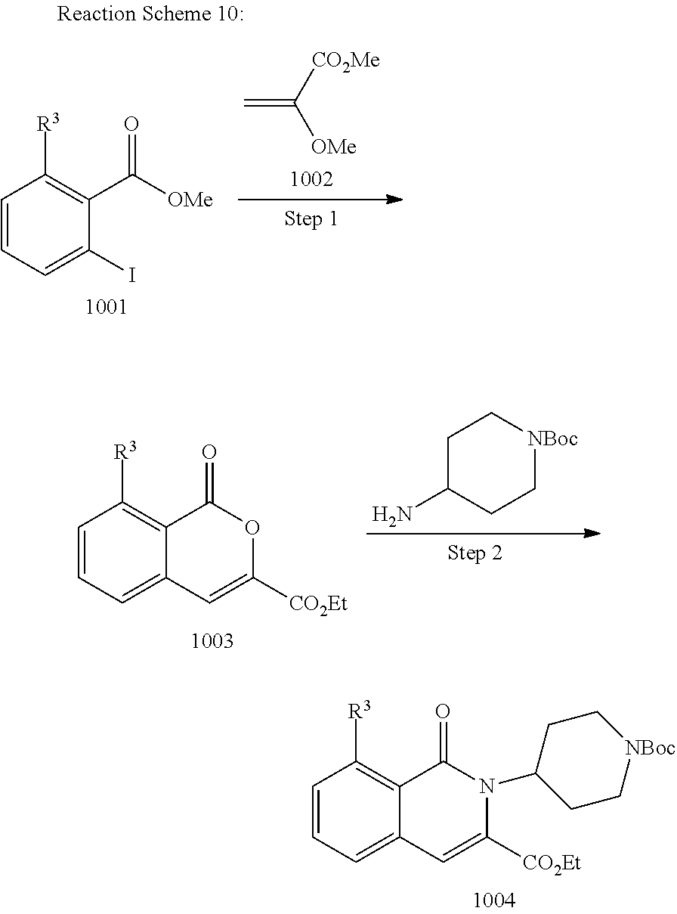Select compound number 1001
pos(106,308)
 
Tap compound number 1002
pos(311,179)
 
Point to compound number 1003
pos(212,641)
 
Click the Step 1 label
pos(311,219)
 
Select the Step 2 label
pos(475,553)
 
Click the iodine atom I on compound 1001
pos(132,275)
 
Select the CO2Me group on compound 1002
pos(346,60)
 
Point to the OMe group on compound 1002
pos(333,146)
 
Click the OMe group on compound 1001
pos(190,200)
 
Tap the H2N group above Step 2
pos(392,516)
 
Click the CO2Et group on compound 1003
pos(317,605)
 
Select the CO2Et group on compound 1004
pos(551,863)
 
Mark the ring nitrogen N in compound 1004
pos(487,787)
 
